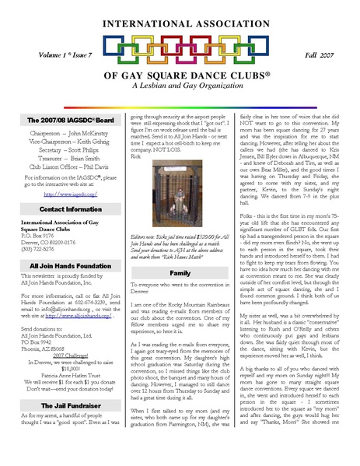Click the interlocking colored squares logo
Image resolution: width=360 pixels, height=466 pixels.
(x=179, y=51)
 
